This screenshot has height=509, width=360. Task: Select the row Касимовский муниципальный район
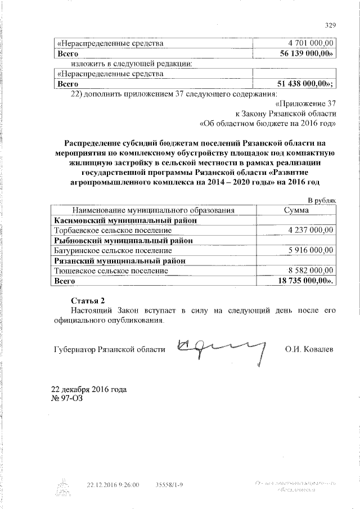click(124, 220)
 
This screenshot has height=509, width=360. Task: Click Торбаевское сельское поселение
click(112, 230)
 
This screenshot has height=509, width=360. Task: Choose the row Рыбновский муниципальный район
click(124, 240)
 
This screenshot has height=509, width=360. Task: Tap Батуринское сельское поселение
click(112, 250)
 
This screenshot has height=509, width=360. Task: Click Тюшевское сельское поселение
click(111, 271)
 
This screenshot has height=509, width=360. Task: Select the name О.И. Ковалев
click(309, 349)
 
